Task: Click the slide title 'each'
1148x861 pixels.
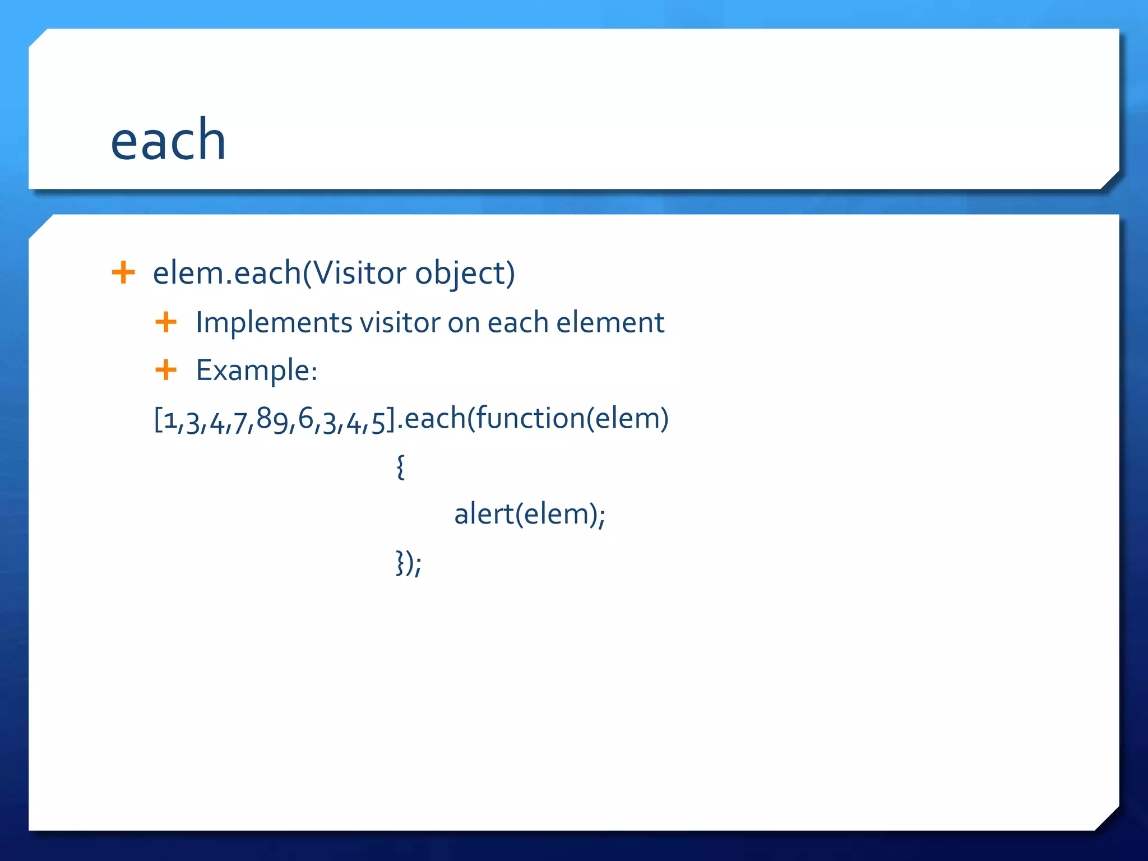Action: point(168,140)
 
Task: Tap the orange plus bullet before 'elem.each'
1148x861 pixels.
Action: point(123,273)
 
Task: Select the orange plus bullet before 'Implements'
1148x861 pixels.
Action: point(166,322)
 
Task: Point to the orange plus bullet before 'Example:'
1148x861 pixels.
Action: point(166,370)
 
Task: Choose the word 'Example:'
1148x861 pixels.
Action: point(257,371)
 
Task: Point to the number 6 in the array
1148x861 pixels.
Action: point(305,419)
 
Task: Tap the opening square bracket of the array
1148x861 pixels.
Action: point(158,420)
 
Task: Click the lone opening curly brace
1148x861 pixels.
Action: point(400,467)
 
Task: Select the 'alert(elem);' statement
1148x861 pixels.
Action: point(530,514)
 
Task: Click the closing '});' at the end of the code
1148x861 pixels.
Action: point(409,563)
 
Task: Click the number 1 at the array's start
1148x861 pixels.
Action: point(170,420)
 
